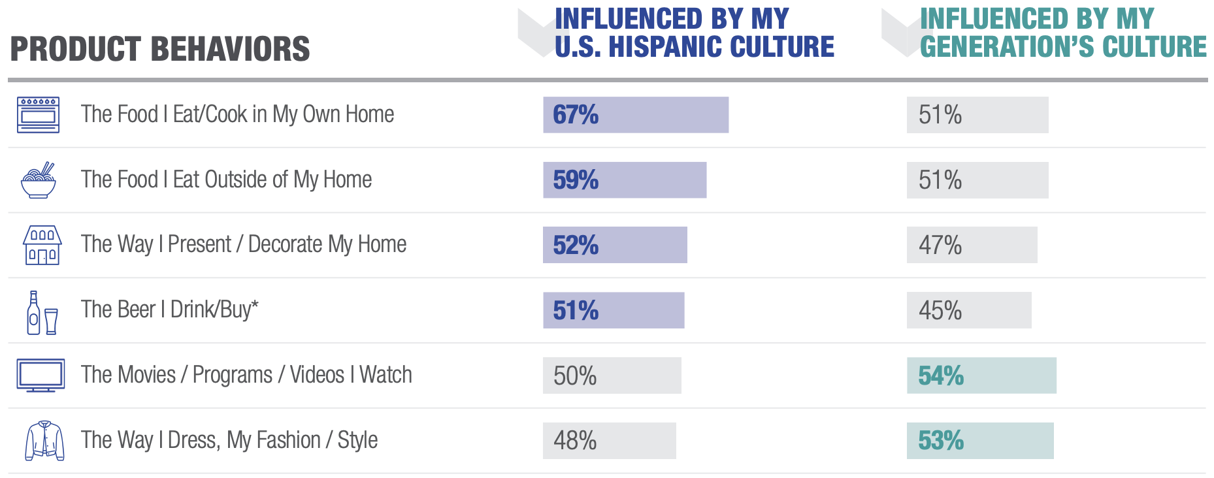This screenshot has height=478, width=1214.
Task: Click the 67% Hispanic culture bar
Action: pyautogui.click(x=635, y=115)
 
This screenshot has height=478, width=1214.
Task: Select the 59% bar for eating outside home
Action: pyautogui.click(x=624, y=180)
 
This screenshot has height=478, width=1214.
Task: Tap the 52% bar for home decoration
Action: pyautogui.click(x=614, y=245)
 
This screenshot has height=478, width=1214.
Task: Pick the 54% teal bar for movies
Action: pyautogui.click(x=981, y=375)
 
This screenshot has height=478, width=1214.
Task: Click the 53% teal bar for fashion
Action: pyautogui.click(x=979, y=441)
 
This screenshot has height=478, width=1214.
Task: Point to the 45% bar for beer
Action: pyautogui.click(x=968, y=310)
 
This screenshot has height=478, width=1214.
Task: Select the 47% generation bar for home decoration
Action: pyautogui.click(x=971, y=245)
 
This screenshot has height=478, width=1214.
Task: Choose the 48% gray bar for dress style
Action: pyautogui.click(x=609, y=441)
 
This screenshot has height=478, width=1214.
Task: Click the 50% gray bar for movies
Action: pyautogui.click(x=612, y=375)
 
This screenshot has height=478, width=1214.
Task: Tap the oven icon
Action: pyautogui.click(x=38, y=115)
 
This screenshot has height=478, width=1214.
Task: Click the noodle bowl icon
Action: pyautogui.click(x=39, y=180)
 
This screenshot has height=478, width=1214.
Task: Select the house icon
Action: pyautogui.click(x=42, y=245)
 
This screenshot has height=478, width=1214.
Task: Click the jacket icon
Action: pyautogui.click(x=44, y=441)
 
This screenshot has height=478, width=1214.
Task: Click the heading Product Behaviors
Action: pyautogui.click(x=160, y=50)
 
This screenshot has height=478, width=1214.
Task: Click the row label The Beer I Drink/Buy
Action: pyautogui.click(x=169, y=310)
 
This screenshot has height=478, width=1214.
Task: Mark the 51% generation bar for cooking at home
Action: pyautogui.click(x=977, y=115)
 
